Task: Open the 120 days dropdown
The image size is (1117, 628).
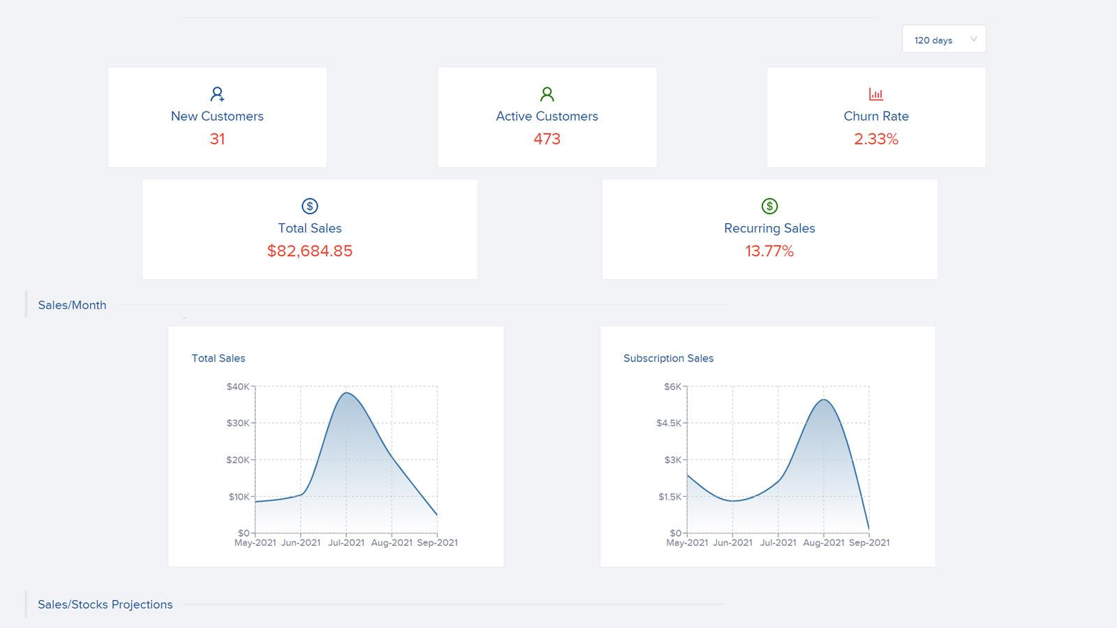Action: point(943,40)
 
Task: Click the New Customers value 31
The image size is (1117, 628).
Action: point(217,139)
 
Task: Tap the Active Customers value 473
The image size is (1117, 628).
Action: point(547,139)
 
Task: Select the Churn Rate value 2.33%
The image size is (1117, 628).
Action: point(875,139)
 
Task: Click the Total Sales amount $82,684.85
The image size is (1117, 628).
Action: point(309,251)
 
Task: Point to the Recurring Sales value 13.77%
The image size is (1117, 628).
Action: point(769,251)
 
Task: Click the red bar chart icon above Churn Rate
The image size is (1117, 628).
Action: point(875,94)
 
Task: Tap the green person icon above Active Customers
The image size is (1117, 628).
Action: point(547,94)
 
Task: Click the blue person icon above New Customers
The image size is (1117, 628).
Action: point(217,94)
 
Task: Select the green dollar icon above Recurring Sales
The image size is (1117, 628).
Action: point(769,206)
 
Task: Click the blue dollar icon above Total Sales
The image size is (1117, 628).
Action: point(309,206)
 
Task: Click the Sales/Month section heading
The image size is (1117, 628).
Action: point(72,305)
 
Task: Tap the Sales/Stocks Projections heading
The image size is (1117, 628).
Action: point(105,604)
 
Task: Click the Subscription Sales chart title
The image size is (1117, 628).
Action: point(668,358)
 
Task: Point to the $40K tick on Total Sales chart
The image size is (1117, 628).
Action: point(237,387)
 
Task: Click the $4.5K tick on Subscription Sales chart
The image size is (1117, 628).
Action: point(668,423)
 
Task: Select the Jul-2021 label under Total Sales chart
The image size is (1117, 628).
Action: point(346,542)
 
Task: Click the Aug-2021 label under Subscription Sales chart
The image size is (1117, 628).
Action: point(823,542)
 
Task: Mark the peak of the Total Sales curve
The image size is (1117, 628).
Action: point(346,393)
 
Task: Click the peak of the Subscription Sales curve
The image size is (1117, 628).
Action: point(824,399)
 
